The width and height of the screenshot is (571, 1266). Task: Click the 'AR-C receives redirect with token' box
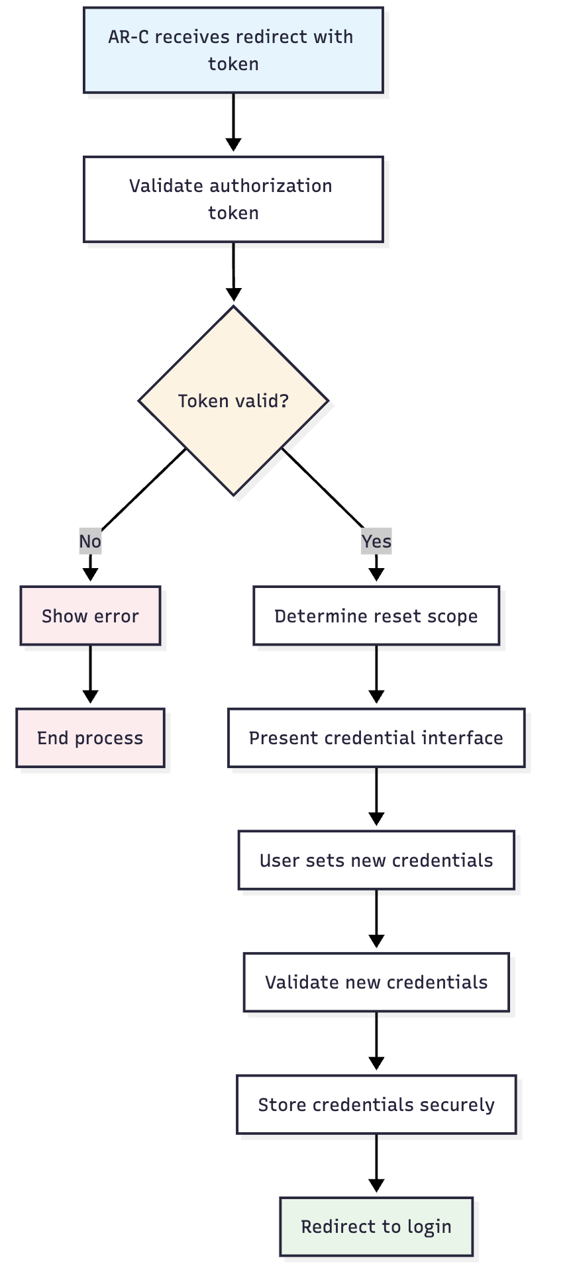[233, 50]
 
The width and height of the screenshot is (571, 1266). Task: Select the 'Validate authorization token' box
[233, 199]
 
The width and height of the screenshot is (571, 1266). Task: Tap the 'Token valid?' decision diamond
[234, 401]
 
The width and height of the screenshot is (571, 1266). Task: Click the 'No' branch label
[90, 542]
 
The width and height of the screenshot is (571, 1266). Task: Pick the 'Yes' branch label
[376, 542]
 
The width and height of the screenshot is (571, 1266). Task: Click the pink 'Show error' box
[90, 616]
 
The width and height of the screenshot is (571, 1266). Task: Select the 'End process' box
[90, 738]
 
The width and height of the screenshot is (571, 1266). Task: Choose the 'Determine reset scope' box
[376, 616]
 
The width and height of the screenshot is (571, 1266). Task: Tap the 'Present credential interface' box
[376, 738]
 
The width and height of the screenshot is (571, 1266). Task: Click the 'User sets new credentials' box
[376, 860]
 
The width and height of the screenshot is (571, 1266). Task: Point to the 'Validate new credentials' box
[376, 983]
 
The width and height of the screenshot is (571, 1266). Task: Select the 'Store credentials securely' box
[376, 1104]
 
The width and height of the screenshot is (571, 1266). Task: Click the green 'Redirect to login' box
[376, 1227]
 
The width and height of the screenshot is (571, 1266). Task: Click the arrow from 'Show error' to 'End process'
[90, 674]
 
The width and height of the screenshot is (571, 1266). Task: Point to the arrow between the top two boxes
[233, 122]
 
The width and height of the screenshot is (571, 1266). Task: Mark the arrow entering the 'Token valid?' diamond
[233, 271]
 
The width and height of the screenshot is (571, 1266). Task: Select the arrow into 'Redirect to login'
[376, 1163]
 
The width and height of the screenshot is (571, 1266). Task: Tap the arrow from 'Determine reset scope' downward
[376, 674]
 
